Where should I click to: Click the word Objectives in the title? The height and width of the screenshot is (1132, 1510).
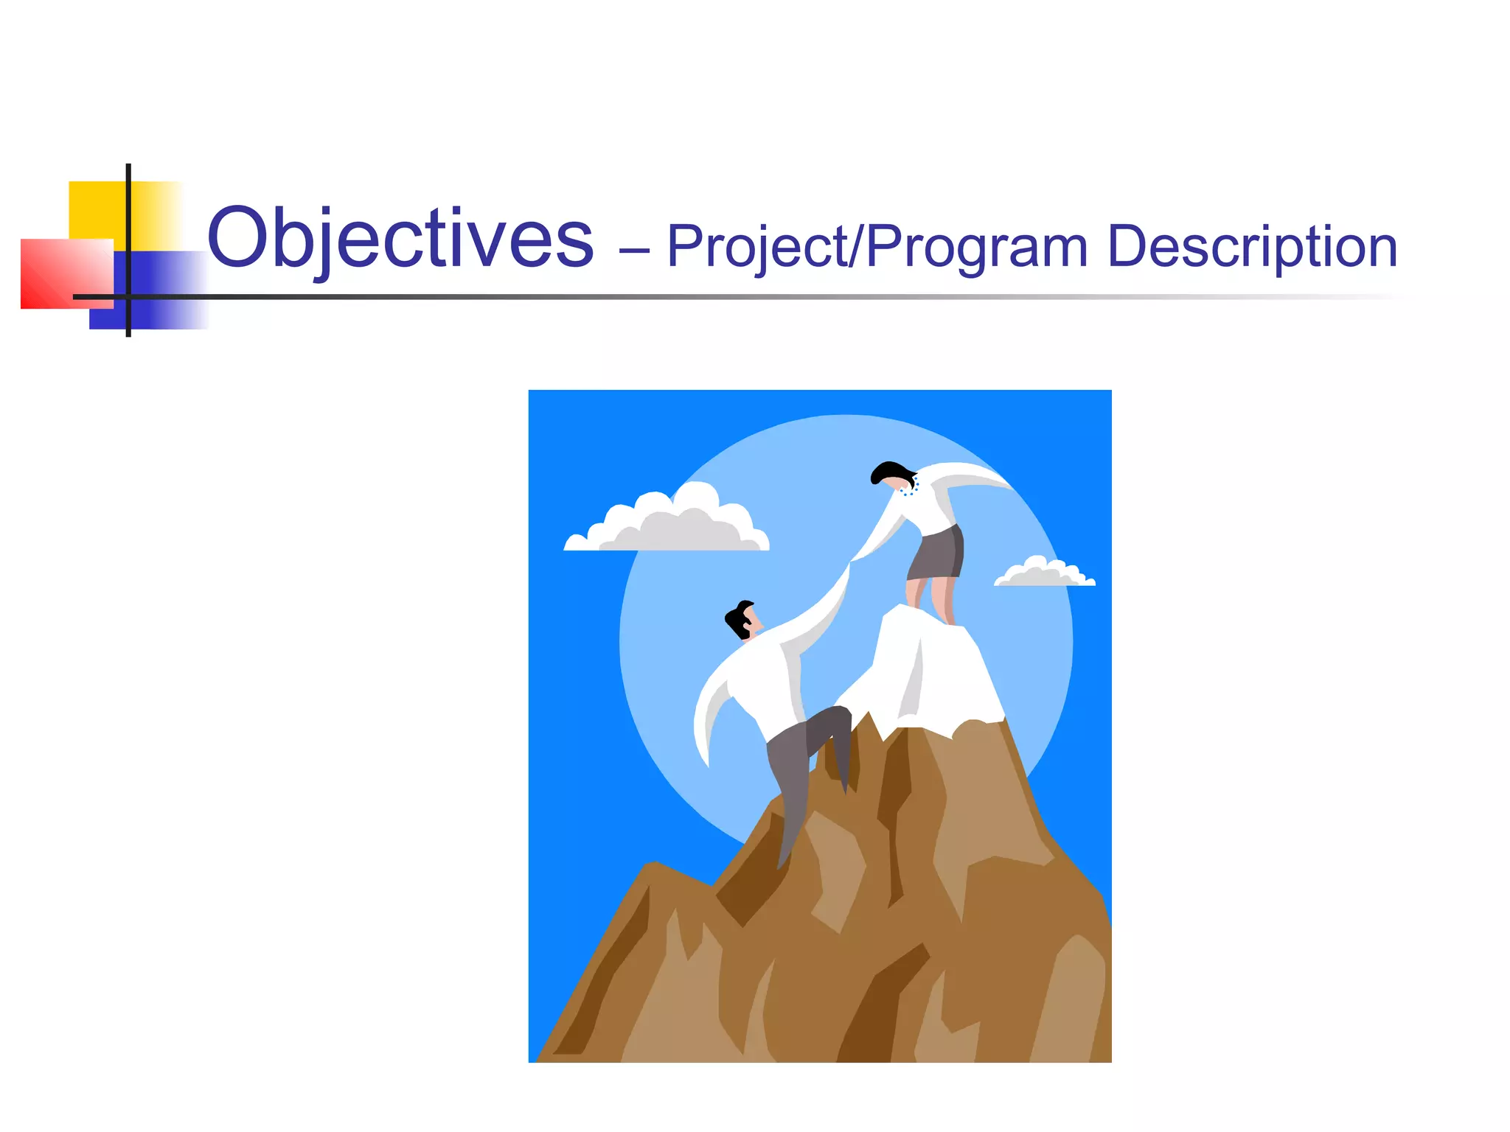pos(400,239)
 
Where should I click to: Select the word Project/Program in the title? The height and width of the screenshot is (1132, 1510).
pos(877,248)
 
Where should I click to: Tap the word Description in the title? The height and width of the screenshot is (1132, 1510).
pos(1251,246)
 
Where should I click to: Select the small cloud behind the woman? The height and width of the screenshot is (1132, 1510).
pos(1043,573)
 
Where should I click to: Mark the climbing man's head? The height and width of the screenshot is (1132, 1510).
pos(742,620)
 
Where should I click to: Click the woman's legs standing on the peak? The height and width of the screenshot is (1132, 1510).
pos(931,597)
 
